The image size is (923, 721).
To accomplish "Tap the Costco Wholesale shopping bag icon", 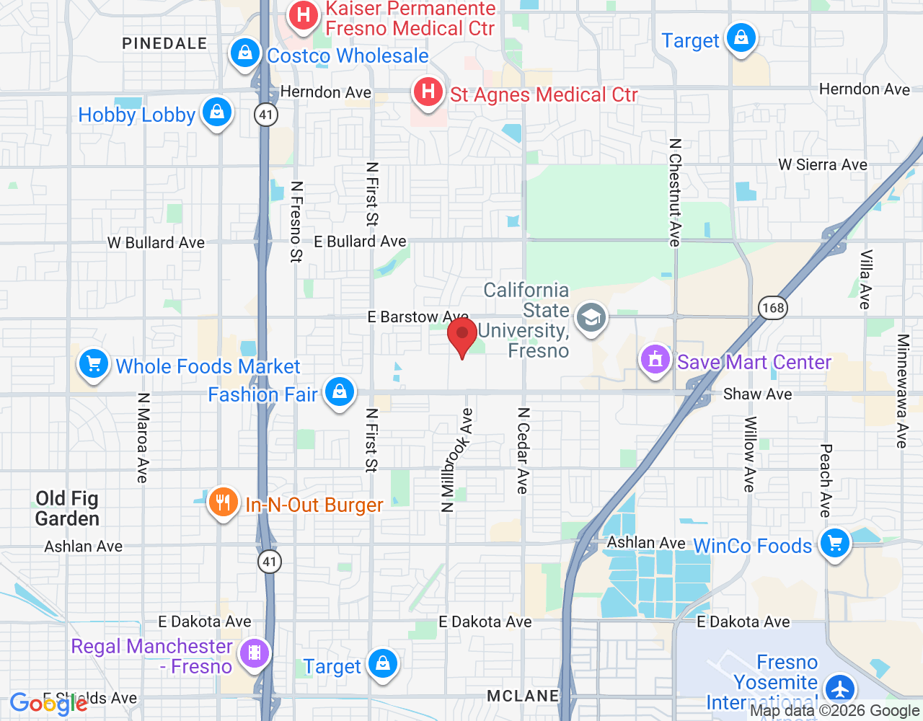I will [x=245, y=53].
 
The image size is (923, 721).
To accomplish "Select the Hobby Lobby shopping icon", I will [x=216, y=112].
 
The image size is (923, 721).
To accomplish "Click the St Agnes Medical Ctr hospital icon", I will [x=428, y=92].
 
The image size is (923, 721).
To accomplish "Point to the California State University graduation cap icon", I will [x=591, y=318].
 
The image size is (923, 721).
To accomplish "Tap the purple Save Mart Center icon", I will [x=655, y=359].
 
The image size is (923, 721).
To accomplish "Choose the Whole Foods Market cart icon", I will [x=94, y=364].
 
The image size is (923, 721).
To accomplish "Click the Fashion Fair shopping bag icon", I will [x=339, y=392].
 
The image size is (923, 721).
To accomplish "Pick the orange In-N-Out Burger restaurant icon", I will [x=223, y=503].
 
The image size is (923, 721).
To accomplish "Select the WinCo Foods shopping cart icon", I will [x=835, y=544].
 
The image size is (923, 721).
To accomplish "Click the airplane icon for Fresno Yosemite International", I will [x=840, y=688].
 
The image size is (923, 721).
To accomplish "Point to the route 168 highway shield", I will [x=772, y=309].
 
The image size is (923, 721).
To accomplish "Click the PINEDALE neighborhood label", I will [x=164, y=44].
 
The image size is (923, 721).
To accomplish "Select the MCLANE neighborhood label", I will [x=523, y=696].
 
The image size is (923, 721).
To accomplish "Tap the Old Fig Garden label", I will [x=67, y=508].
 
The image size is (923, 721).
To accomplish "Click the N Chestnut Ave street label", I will [x=675, y=193].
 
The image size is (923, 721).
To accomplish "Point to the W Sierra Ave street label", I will [x=823, y=165].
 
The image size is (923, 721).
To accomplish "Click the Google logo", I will [x=48, y=704].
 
